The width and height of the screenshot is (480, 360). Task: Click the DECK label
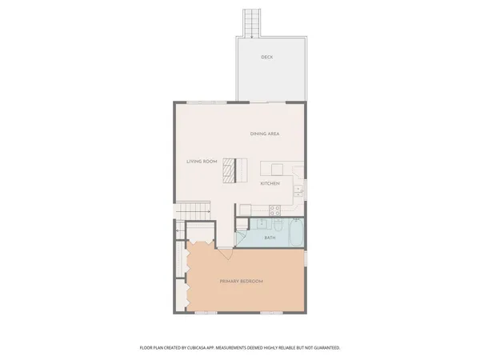click(x=266, y=58)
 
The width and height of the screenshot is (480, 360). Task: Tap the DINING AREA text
click(x=265, y=134)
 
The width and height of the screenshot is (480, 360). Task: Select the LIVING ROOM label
click(x=202, y=162)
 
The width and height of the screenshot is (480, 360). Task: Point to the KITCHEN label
click(x=270, y=184)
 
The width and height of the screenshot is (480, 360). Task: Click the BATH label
click(x=270, y=238)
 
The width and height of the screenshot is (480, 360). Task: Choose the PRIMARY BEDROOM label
click(x=242, y=282)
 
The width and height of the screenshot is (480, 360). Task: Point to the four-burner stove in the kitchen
click(x=274, y=210)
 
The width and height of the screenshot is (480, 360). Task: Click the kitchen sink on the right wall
click(x=297, y=190)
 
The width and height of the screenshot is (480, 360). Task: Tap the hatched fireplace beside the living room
click(x=229, y=170)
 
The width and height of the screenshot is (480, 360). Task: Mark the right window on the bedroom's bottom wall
click(x=272, y=313)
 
